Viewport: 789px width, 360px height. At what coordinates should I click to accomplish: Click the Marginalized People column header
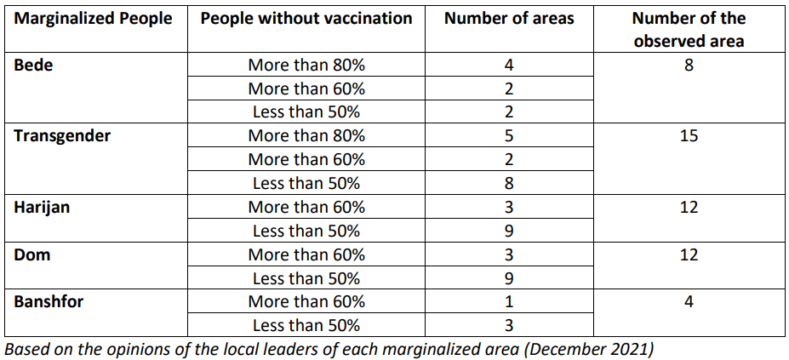[93, 19]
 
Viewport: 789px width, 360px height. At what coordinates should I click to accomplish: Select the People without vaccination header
[306, 19]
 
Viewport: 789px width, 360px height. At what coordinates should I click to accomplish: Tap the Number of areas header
[509, 19]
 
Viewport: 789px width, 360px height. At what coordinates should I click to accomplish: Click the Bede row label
[33, 65]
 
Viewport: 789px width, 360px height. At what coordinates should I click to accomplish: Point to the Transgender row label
[62, 136]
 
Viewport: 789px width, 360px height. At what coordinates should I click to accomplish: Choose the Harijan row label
[42, 207]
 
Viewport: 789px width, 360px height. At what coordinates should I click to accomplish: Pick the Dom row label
[31, 254]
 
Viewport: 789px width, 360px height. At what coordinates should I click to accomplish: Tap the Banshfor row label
[49, 302]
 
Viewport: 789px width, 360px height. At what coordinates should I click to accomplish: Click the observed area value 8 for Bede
[689, 65]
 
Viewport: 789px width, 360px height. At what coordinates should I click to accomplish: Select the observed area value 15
[689, 136]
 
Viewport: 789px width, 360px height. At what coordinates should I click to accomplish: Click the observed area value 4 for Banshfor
[689, 302]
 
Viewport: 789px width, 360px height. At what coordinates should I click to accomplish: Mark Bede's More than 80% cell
[306, 65]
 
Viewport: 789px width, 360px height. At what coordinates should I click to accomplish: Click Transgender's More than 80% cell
[306, 136]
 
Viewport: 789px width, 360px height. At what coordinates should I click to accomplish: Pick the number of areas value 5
[509, 136]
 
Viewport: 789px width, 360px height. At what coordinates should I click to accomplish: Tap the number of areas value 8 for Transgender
[509, 183]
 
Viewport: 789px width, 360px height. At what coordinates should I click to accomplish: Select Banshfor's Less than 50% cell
[306, 325]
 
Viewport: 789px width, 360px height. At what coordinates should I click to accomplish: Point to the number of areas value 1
[509, 302]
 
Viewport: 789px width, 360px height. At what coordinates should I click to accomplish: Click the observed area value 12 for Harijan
[689, 207]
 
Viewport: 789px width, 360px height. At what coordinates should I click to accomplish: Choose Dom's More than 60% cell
[306, 254]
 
